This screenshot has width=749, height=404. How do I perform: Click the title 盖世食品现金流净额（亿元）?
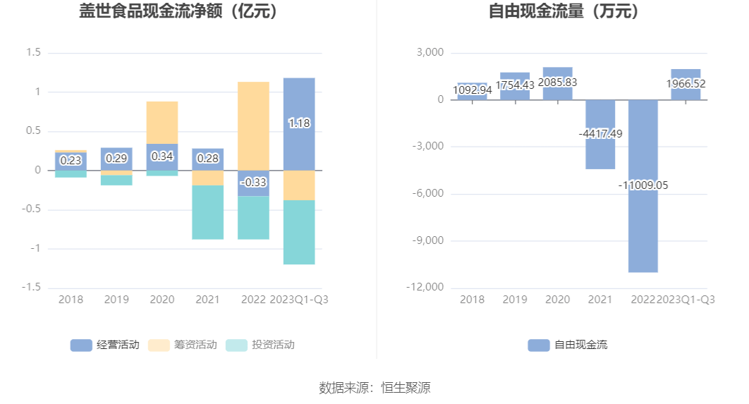click(x=178, y=12)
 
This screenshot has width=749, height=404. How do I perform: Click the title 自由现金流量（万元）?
click(x=564, y=12)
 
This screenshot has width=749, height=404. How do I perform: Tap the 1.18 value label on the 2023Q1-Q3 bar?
click(x=299, y=123)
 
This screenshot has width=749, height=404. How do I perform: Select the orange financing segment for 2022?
click(x=253, y=126)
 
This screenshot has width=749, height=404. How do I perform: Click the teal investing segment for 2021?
click(x=208, y=212)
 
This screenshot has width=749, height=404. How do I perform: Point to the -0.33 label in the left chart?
click(x=253, y=182)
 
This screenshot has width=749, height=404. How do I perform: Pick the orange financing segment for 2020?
click(x=162, y=122)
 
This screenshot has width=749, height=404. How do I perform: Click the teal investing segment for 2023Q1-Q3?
click(x=299, y=232)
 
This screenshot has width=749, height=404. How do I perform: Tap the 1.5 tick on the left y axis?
click(x=33, y=53)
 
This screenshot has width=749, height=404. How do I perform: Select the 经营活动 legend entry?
click(x=105, y=345)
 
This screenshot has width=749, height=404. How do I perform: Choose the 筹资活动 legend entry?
click(x=183, y=345)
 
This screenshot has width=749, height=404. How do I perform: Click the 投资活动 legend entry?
click(x=260, y=345)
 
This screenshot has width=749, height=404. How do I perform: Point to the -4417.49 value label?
click(x=600, y=134)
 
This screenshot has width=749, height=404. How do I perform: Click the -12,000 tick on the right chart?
click(x=425, y=288)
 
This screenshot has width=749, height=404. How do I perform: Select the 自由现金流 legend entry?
click(x=568, y=345)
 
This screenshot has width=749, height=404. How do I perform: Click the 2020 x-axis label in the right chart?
click(x=557, y=300)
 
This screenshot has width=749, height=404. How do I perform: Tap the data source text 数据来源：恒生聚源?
click(x=374, y=387)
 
